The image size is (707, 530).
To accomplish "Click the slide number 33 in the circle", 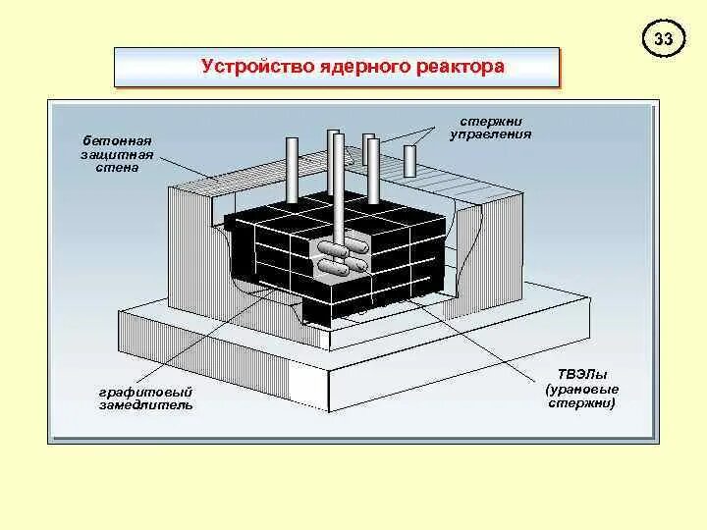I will [664, 40].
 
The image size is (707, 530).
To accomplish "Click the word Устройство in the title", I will [245, 68].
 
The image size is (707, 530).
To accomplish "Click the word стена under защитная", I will [110, 167].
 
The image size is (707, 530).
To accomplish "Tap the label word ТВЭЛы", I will [579, 374].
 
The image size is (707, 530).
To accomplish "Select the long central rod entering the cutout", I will [338, 186].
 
